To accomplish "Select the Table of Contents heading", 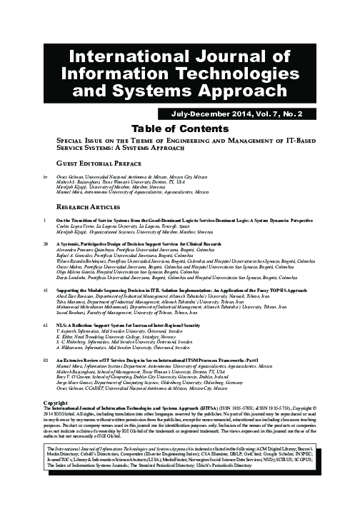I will click(179, 128).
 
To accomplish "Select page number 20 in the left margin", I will click(46, 243).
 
